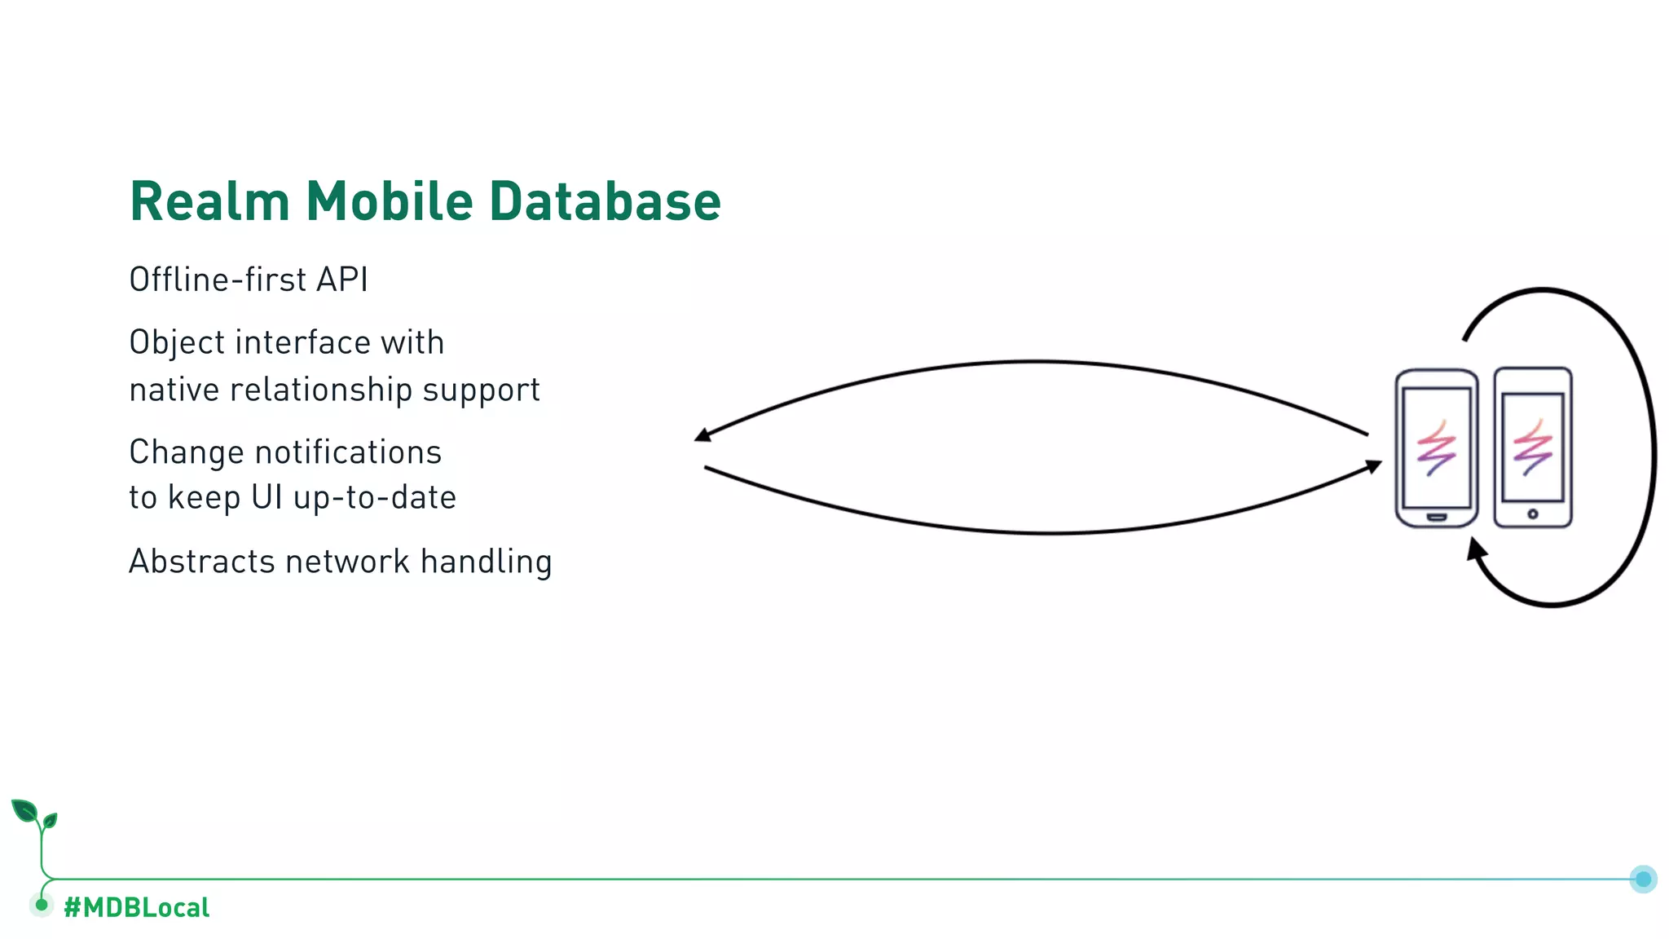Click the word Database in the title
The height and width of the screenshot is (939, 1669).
pos(605,201)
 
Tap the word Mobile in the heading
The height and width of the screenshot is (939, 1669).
pos(389,201)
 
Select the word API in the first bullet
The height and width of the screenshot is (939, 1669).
pos(342,280)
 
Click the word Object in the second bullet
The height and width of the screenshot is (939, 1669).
pos(176,343)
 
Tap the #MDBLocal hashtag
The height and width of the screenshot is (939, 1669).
pos(136,907)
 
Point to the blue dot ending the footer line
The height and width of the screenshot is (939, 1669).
pos(1643,879)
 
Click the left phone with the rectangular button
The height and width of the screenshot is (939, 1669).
pos(1436,448)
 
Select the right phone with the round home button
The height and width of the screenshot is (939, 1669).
pos(1532,448)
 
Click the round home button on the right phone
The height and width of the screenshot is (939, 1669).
pos(1532,514)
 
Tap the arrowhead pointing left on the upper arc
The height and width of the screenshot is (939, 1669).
pos(702,435)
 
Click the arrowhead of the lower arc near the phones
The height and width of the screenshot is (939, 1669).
pos(1374,467)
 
